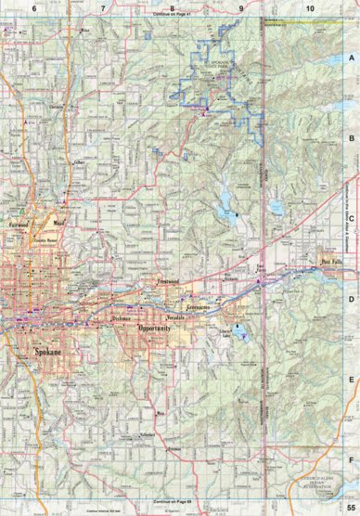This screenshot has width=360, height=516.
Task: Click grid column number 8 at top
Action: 172,7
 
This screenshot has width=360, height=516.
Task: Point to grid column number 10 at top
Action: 310,7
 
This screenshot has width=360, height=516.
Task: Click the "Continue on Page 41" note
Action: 180,18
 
